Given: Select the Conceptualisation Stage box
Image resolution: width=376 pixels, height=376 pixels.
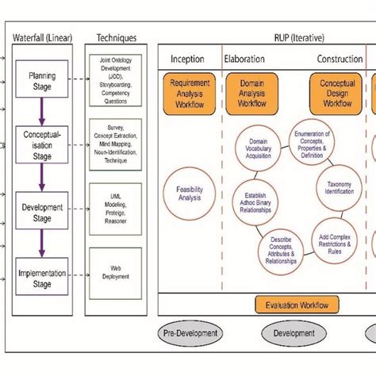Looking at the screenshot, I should coord(42,145).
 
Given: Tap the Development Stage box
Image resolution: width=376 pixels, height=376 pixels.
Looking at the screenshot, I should coord(42,213).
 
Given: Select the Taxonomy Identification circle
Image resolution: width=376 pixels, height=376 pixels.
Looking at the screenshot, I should coord(339,187).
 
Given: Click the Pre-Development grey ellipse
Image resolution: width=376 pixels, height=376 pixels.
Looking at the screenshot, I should coord(188,333).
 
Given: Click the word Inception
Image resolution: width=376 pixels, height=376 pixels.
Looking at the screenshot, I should coord(187,59).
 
